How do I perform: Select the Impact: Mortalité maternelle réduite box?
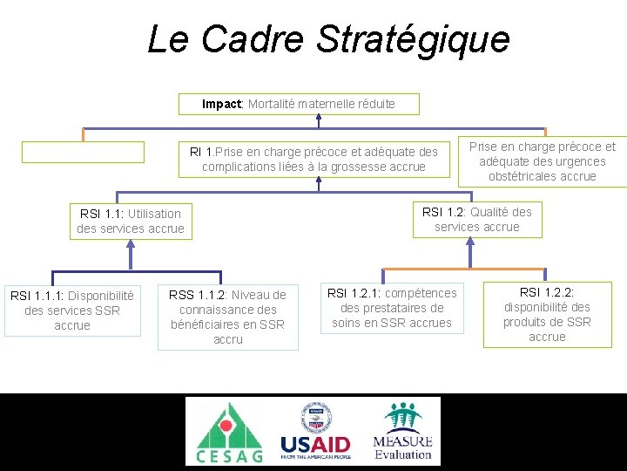pos(299,104)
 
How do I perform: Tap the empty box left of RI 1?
pos(83,152)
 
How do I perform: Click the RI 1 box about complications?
pos(313,159)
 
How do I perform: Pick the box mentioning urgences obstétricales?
pos(542,161)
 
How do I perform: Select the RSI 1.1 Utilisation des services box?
pos(131,221)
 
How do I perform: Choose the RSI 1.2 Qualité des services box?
pos(476,219)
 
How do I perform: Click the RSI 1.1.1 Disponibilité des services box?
pos(72,311)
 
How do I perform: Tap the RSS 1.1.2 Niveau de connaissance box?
pos(227,317)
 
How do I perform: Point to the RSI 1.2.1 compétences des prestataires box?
pos(391,309)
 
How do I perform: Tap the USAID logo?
pos(314,432)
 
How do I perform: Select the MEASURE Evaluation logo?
pos(402,431)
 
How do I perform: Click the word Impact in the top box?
pos(221,104)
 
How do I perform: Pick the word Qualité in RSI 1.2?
pos(492,211)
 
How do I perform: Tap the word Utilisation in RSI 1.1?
pos(154,213)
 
